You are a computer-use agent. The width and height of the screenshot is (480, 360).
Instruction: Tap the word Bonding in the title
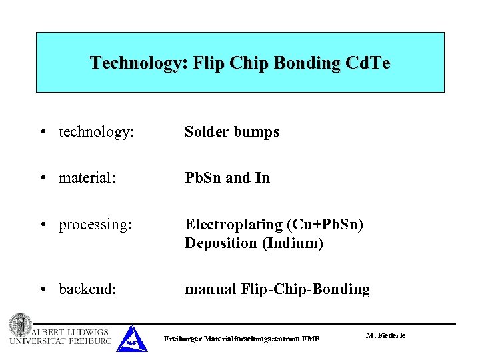click(305, 64)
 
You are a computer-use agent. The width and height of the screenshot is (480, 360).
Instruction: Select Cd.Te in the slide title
click(367, 64)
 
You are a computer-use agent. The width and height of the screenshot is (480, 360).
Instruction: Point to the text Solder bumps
click(232, 132)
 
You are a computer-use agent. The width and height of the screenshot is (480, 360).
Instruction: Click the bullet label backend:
click(88, 289)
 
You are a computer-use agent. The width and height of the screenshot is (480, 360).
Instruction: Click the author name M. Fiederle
click(385, 335)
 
